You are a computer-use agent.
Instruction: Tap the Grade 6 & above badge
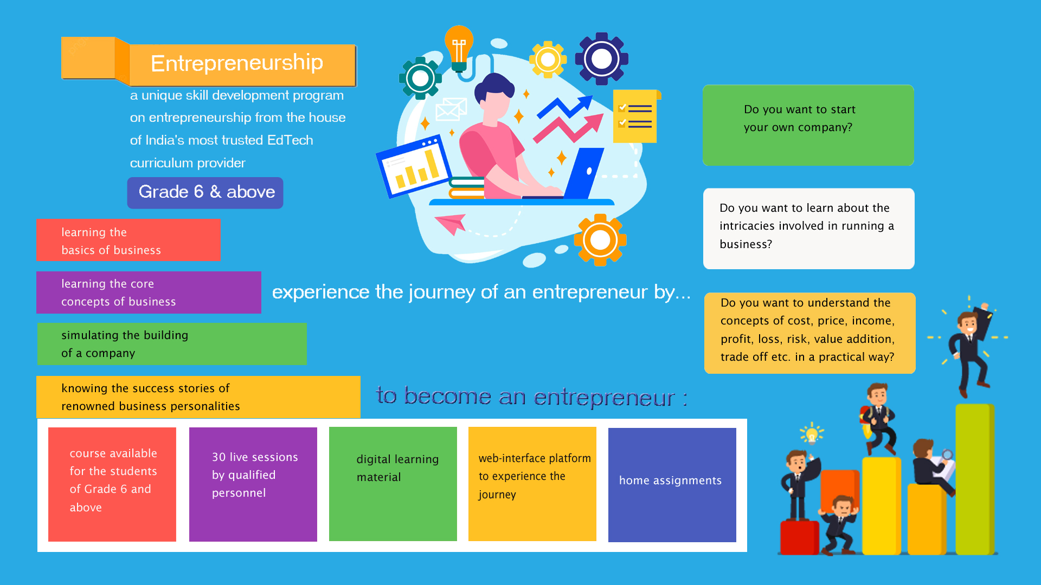205,193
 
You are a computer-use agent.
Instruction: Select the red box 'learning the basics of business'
128,240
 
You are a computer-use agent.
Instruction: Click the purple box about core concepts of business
149,292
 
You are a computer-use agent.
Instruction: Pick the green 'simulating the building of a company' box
172,344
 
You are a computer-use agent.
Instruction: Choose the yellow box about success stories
198,397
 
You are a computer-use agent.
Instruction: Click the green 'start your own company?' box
808,125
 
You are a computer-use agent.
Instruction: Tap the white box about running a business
809,229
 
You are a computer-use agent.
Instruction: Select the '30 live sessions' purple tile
253,484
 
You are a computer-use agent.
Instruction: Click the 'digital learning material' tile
393,484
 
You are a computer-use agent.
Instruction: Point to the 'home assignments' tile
672,485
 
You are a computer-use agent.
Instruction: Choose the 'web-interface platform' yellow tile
532,484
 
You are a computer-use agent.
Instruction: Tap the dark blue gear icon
602,59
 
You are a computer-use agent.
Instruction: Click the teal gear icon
420,79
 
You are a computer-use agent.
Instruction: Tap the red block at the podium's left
800,537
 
